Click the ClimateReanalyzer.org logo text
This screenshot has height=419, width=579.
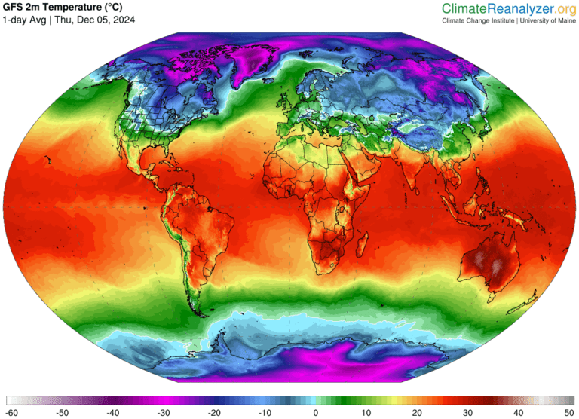coord(508,8)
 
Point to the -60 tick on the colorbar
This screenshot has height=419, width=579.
coord(12,413)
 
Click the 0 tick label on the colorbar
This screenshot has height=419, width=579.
coord(315,413)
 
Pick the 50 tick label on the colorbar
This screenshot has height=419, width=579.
coord(568,413)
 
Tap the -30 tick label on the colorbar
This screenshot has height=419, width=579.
coord(164,413)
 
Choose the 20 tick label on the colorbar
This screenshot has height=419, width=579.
coord(416,413)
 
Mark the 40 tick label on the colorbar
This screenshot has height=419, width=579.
coord(517,413)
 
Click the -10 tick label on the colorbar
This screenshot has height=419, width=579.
coord(265,413)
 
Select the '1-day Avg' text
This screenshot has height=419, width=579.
coord(24,20)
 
